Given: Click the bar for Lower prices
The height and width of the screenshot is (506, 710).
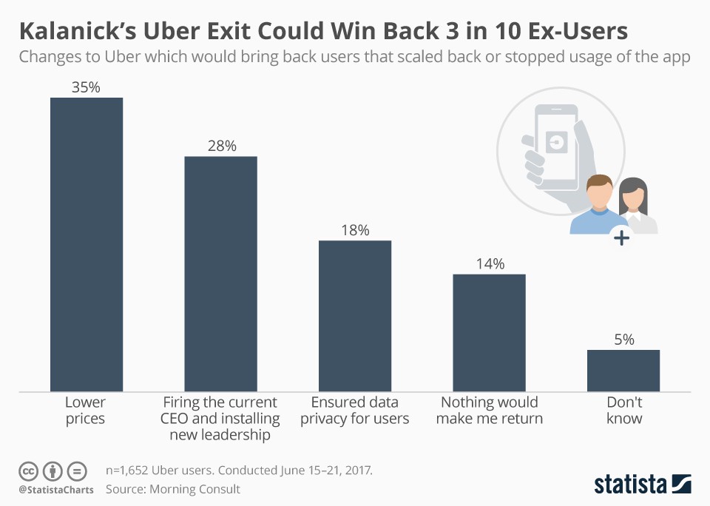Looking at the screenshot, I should [86, 244].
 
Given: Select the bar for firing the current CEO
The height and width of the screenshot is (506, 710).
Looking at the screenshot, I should [220, 274].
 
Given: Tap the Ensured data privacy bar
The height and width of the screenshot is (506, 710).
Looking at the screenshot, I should [355, 316].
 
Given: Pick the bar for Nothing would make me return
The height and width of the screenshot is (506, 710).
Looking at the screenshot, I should [489, 333].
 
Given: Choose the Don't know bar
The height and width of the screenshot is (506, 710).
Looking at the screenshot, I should [623, 371].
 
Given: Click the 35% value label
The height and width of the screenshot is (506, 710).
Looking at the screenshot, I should [86, 87].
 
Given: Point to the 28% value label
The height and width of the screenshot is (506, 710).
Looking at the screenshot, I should [221, 146].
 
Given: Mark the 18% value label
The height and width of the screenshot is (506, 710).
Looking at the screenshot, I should [355, 230].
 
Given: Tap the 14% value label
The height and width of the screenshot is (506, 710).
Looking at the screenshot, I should [490, 264].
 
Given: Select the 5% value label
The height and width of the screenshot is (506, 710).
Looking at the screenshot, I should [623, 340].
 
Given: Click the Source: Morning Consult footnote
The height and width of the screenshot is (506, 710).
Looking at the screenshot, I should [173, 489].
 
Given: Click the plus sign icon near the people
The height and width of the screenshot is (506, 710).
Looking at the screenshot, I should [621, 238].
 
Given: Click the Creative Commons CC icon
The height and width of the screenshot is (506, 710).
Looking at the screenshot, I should [28, 470].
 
